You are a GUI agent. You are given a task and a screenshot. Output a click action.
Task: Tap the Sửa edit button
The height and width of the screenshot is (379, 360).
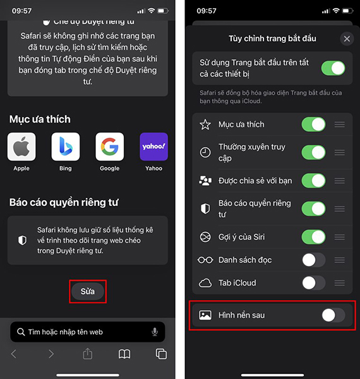(x=88, y=291)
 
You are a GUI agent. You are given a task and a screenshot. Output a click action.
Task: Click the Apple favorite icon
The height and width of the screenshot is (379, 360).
(x=21, y=147)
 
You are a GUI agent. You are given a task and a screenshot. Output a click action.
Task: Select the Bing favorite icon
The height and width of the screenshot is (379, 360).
(x=66, y=147)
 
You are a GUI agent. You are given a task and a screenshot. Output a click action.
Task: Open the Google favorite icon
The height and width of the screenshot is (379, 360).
(x=109, y=147)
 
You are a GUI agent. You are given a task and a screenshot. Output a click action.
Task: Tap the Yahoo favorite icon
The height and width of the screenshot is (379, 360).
(x=153, y=147)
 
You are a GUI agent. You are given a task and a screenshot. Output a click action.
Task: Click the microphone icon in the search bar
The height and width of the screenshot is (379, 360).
(x=155, y=332)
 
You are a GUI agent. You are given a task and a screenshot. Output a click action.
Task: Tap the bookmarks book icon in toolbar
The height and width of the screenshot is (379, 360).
(x=124, y=354)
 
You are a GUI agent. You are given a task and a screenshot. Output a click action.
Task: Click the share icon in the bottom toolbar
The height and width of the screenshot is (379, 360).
(x=88, y=354)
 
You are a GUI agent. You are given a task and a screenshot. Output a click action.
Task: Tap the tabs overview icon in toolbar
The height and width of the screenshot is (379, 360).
(x=161, y=354)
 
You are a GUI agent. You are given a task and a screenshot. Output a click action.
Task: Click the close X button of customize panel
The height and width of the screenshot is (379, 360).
(x=347, y=39)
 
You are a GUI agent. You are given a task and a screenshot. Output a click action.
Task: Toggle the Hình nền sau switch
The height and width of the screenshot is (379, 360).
(x=333, y=315)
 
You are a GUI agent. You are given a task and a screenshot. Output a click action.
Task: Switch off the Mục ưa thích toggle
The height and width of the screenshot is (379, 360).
(x=314, y=124)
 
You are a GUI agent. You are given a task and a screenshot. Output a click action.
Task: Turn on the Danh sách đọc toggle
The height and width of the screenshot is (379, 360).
(x=314, y=260)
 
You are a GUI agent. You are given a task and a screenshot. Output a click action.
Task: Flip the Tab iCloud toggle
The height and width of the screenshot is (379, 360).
(x=314, y=283)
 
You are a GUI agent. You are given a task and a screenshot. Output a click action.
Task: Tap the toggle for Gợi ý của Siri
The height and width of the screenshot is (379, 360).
(x=314, y=237)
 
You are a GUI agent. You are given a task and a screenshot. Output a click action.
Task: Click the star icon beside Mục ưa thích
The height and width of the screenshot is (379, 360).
(x=205, y=124)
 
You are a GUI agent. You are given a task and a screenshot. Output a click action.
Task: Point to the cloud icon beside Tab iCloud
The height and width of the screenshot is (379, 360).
(x=205, y=283)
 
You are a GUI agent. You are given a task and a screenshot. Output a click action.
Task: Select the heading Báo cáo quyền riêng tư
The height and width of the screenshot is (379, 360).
(x=64, y=203)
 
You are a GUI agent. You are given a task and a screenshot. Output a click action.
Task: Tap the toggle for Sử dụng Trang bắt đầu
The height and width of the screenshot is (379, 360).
(x=333, y=68)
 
